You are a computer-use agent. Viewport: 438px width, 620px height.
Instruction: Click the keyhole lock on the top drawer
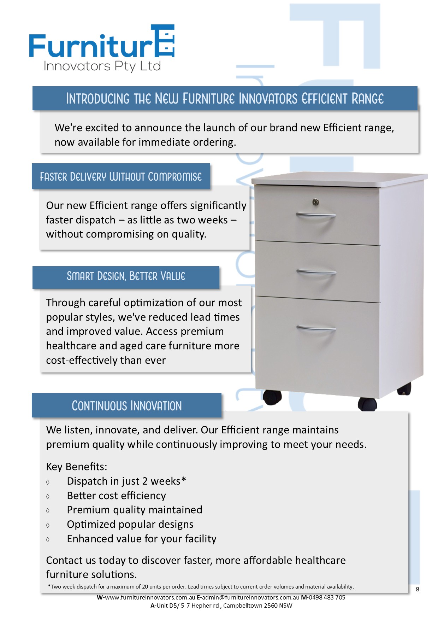click(315, 202)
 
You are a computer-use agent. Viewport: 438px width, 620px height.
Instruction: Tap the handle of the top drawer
click(315, 215)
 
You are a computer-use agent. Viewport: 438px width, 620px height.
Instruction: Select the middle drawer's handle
click(316, 273)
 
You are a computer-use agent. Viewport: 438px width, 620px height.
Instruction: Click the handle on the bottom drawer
click(316, 329)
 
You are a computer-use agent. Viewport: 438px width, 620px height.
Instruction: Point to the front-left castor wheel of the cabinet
click(272, 397)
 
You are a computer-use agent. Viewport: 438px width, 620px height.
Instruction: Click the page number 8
click(418, 589)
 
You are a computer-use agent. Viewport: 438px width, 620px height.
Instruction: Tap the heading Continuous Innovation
click(126, 406)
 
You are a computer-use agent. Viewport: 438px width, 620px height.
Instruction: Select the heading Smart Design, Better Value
click(126, 276)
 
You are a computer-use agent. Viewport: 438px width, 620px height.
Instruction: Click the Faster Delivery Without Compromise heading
click(121, 176)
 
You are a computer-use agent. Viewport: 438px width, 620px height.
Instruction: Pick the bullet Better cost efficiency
click(116, 496)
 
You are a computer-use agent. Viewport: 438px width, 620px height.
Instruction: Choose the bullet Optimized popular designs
click(130, 524)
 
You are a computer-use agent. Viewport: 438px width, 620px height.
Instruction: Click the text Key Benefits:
click(76, 467)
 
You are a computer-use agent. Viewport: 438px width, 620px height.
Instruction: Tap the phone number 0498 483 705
click(327, 597)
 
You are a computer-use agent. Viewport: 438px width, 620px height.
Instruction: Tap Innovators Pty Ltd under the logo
click(102, 66)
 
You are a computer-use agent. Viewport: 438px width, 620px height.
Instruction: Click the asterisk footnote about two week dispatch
click(201, 586)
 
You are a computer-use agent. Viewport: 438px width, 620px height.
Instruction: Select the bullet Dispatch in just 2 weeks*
click(126, 481)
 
